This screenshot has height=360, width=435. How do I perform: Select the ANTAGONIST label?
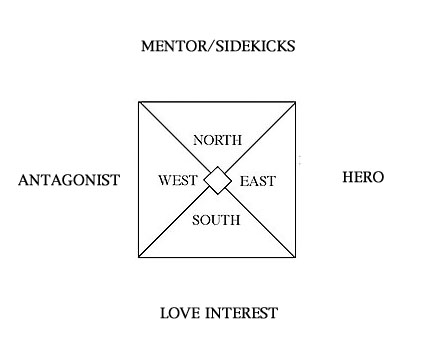tap(69, 180)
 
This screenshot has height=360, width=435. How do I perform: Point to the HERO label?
tap(362, 177)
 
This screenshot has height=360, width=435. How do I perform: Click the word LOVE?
tap(182, 314)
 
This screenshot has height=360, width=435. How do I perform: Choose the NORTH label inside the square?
tap(218, 140)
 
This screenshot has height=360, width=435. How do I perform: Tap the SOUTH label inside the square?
tap(216, 220)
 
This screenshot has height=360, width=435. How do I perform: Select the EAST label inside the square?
tap(257, 181)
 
